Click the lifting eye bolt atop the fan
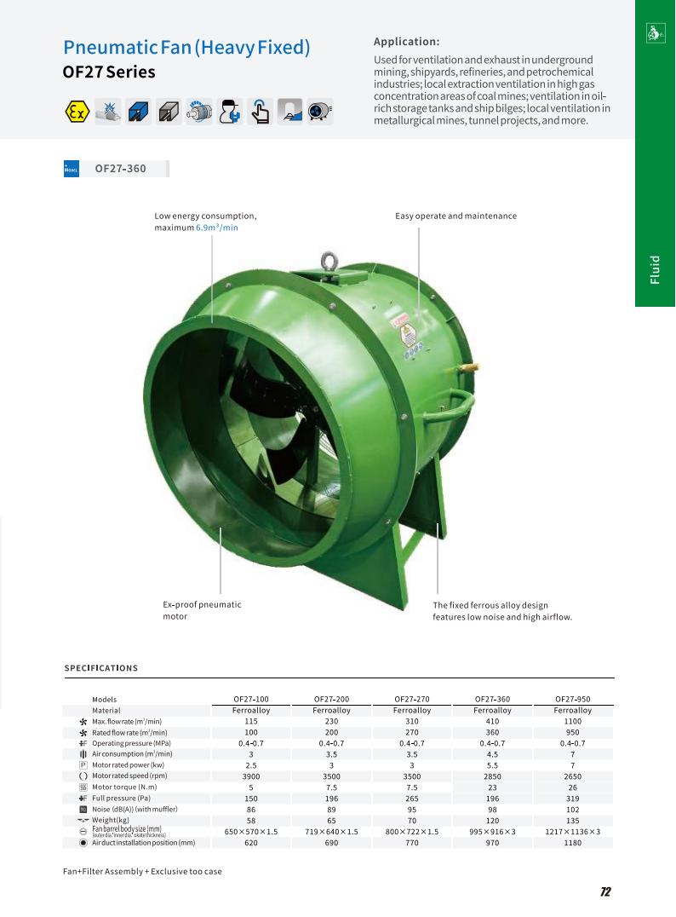coord(327,262)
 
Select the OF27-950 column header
coord(572,699)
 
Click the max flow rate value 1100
coord(572,721)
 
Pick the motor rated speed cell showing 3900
coord(250,776)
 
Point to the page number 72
coord(605,892)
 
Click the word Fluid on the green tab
coord(655,269)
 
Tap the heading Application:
coord(407,42)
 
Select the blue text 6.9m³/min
coord(217,228)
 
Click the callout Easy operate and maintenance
coord(455,216)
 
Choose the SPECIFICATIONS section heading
coord(101,668)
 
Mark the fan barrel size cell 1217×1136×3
coord(572,831)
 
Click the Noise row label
coord(128,809)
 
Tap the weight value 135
coord(572,820)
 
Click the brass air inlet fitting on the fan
coord(464,368)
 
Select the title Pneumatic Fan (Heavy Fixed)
coord(186,48)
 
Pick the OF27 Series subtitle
coord(109,72)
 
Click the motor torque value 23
coord(492,787)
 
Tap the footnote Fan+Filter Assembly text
coord(142,872)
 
